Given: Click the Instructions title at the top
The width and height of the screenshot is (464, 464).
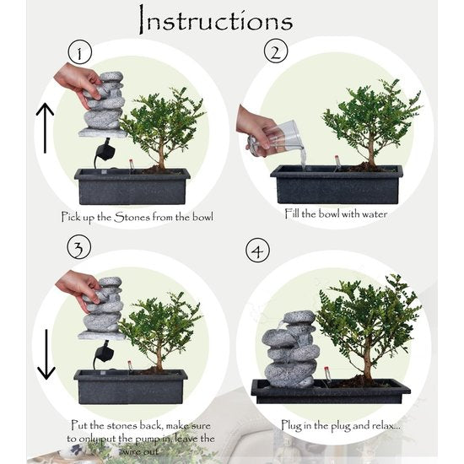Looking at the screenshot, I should [214, 19].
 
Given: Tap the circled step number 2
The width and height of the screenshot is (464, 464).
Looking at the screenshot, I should [274, 53].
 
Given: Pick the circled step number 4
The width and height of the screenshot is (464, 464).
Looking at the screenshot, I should [257, 251].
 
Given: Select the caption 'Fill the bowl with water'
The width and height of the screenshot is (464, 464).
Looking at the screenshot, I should [335, 214].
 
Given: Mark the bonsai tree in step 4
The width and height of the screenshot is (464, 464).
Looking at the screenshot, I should [366, 325].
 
